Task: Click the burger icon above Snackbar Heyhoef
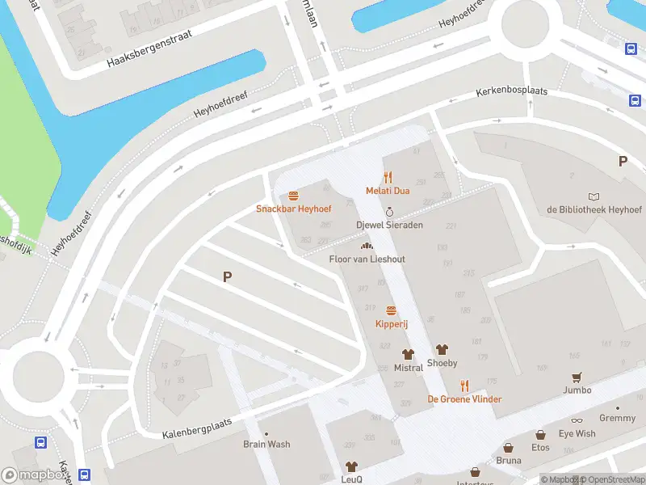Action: coord(293,196)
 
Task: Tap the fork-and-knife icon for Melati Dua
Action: coord(388,177)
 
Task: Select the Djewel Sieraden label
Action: coord(389,225)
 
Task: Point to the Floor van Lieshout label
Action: coord(367,259)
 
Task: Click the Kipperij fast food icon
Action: coord(391,311)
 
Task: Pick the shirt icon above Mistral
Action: coord(408,354)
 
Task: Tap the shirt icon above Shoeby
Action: coord(442,350)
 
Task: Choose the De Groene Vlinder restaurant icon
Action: coord(464,386)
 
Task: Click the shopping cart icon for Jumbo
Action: coord(577,377)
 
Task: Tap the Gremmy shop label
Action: coord(617,418)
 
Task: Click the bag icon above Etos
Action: coord(540,435)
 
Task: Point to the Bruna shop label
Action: coord(508,461)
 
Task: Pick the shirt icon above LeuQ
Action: coord(351,466)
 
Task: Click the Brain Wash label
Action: coord(266,444)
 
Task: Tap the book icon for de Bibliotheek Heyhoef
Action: coord(594,196)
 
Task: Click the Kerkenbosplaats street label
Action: coord(511,91)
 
